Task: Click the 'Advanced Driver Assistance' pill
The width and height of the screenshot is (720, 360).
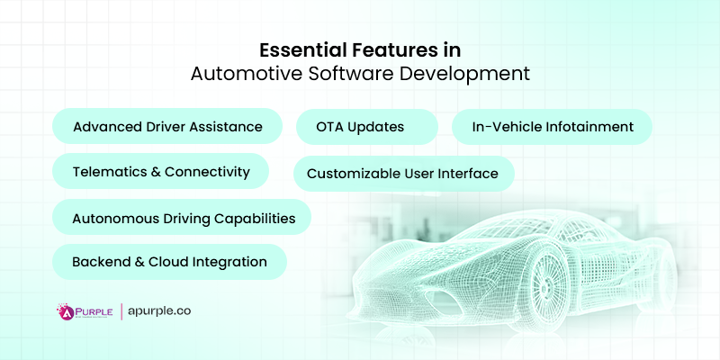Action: coord(167,127)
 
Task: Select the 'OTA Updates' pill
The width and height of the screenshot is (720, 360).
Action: coord(366,127)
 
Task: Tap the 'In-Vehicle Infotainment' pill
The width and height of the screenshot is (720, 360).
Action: coord(553,127)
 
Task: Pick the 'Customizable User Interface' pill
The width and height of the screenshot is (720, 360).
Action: coord(402,173)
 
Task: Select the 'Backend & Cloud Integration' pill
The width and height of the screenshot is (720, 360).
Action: coord(169,262)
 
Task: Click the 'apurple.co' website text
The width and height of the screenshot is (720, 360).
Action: coord(159,311)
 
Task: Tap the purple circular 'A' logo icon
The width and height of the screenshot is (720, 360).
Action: coord(66,312)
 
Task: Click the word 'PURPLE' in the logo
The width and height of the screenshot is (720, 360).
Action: coord(94,310)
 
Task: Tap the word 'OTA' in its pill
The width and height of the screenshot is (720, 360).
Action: coord(333,127)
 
